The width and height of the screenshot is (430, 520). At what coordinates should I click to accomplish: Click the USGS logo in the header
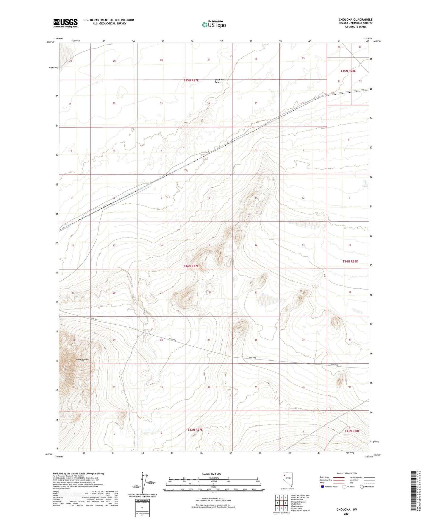click(x=65, y=23)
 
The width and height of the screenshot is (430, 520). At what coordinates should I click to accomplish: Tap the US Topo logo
click(x=213, y=25)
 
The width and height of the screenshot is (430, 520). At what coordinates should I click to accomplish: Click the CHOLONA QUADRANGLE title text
click(x=355, y=20)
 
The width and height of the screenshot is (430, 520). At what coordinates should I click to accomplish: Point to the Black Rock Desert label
click(x=221, y=81)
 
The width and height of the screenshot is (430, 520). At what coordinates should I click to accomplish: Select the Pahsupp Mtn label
click(x=83, y=359)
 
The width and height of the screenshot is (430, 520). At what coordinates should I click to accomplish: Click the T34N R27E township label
click(x=191, y=266)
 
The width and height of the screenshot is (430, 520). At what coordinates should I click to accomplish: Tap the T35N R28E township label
click(x=348, y=71)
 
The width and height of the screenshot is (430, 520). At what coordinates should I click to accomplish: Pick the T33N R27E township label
click(x=195, y=430)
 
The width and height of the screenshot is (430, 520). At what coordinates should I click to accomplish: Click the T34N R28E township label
click(x=350, y=261)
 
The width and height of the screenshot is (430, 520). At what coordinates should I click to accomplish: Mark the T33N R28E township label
click(x=352, y=431)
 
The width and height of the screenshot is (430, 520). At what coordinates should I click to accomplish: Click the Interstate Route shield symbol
click(x=323, y=487)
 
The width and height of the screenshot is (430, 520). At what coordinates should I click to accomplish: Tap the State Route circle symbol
click(x=362, y=487)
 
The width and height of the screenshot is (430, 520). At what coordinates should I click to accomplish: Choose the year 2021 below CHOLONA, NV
click(x=347, y=514)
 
